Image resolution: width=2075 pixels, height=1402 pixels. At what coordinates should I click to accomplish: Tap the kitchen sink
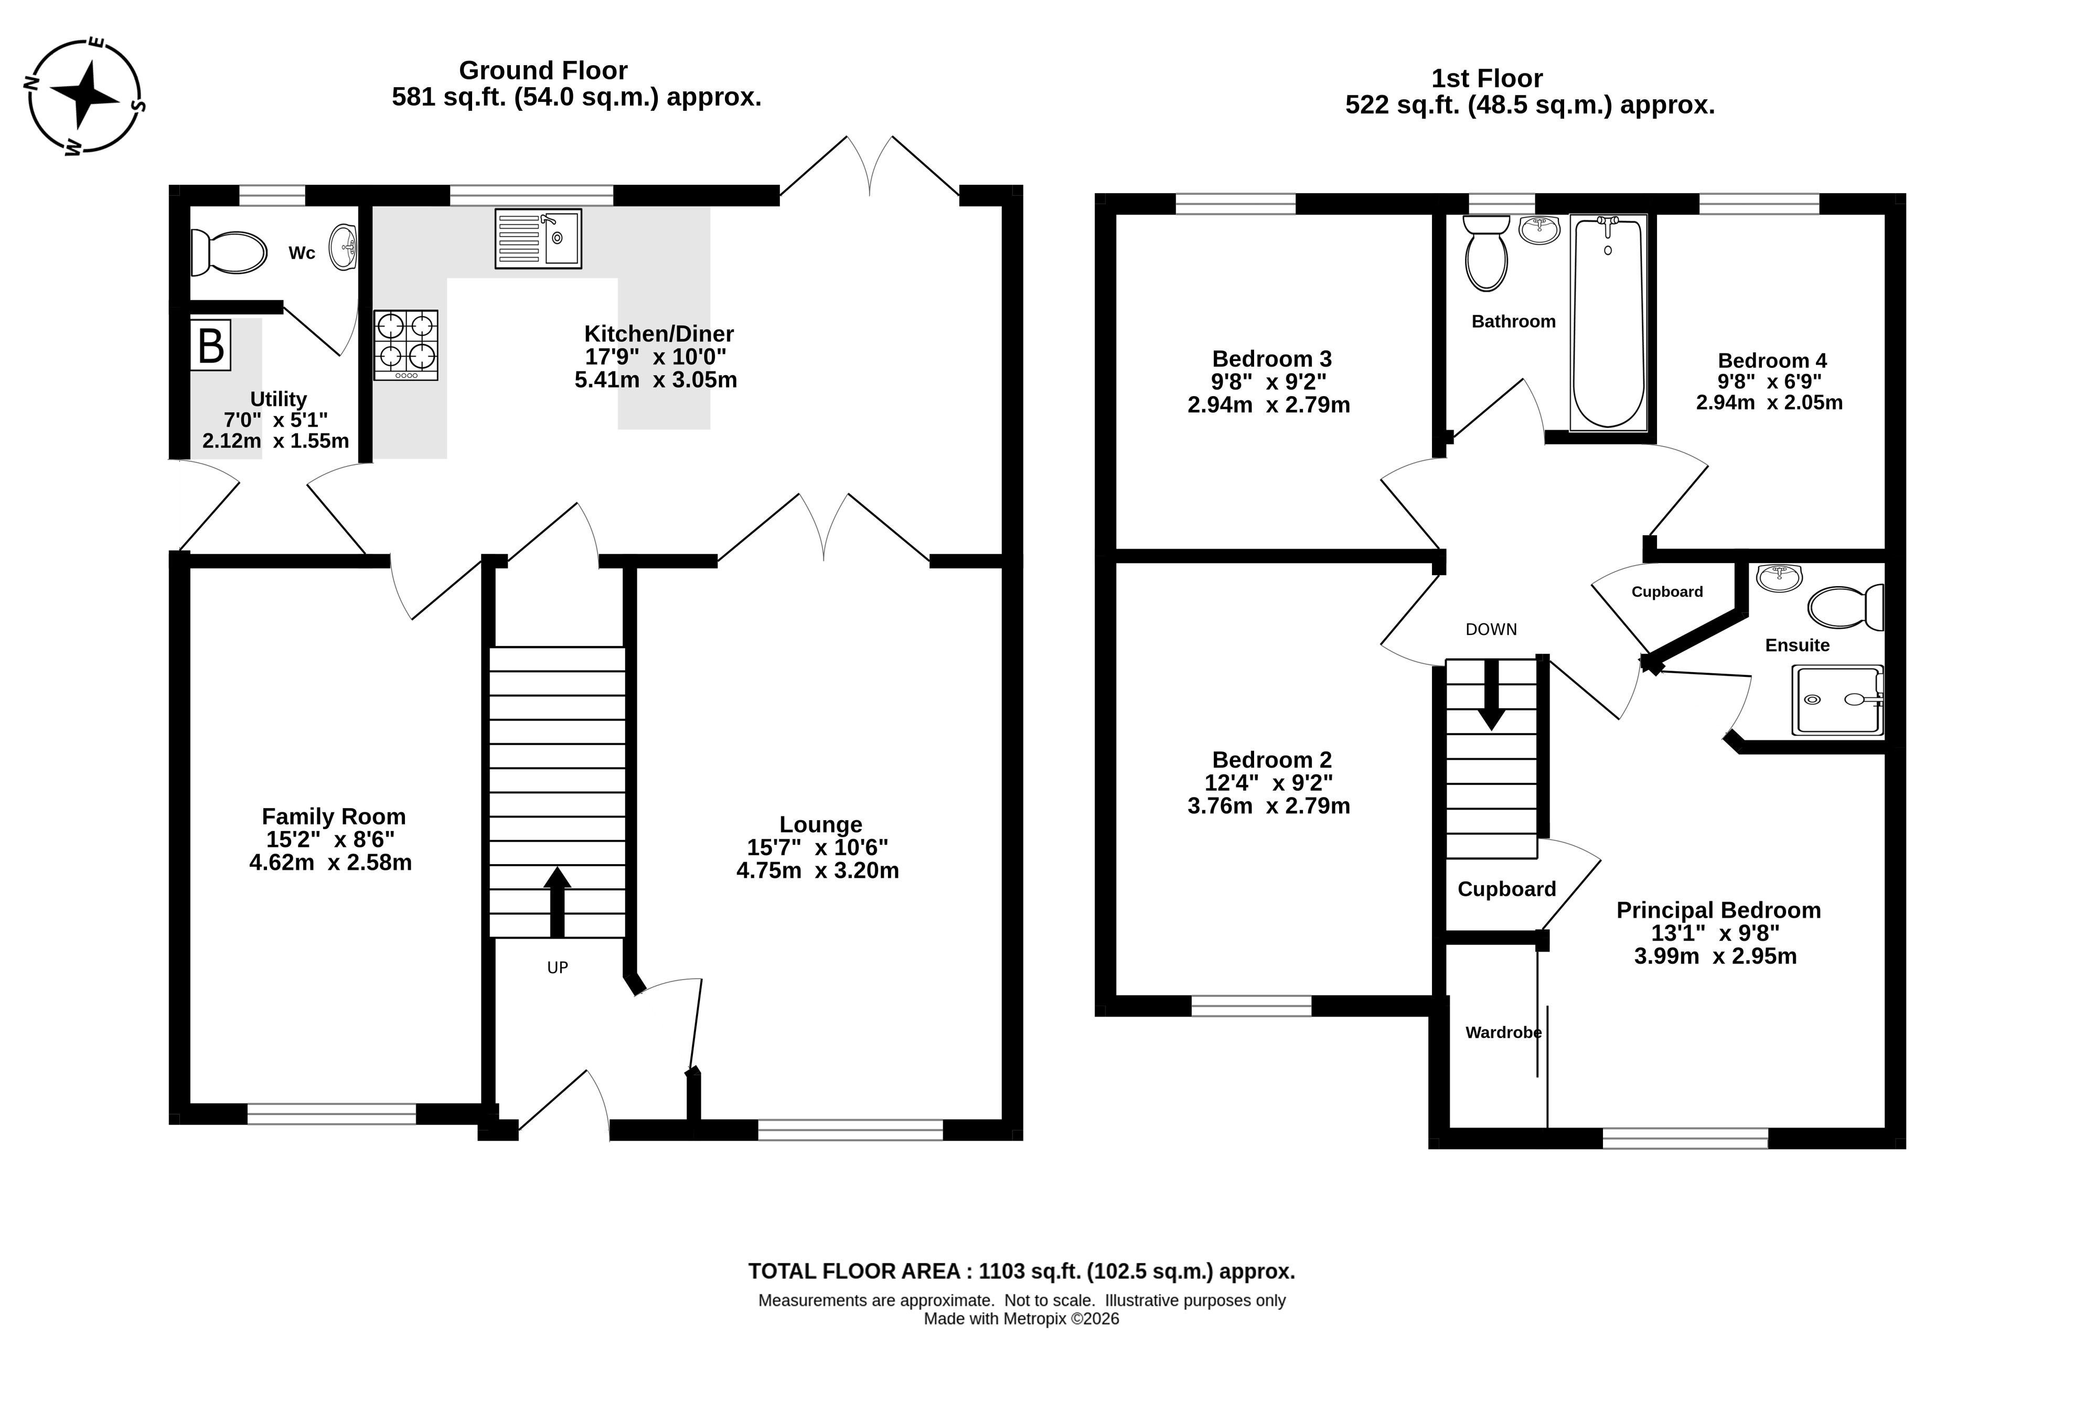(538, 238)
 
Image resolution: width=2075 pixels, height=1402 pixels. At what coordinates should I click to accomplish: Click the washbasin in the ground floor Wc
(344, 247)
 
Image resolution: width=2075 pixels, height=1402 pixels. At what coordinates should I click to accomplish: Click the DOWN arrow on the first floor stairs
(1491, 695)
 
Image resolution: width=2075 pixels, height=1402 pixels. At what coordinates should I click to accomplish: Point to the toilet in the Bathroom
(1486, 253)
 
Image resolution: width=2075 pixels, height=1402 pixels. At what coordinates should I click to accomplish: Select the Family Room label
(334, 816)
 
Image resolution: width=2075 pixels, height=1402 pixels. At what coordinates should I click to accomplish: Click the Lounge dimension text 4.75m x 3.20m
(818, 870)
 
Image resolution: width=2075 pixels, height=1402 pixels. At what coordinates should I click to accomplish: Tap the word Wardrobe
(1504, 1032)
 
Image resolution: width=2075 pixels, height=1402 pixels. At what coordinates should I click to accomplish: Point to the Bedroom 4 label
(1772, 361)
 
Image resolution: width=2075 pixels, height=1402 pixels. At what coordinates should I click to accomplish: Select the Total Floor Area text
(1021, 1271)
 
